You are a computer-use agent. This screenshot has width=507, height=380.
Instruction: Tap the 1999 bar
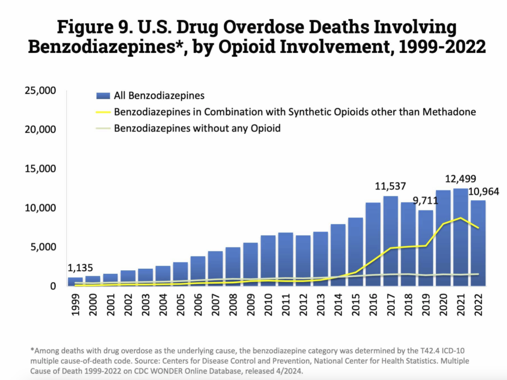(75, 282)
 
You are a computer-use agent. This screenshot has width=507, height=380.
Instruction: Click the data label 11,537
(391, 186)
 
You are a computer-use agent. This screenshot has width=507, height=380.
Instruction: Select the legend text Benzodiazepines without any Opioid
(197, 128)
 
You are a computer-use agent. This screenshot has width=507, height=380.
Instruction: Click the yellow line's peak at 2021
(461, 218)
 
